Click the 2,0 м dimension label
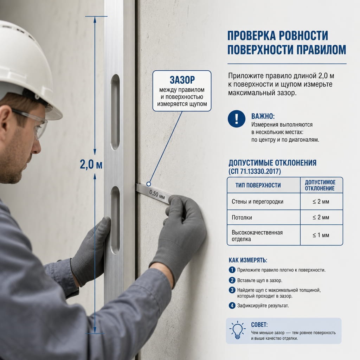click(91, 165)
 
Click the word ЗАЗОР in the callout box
click(182, 80)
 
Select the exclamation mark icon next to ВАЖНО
click(237, 119)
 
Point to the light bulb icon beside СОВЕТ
click(237, 330)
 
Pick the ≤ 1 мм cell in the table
click(321, 235)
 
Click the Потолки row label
click(242, 217)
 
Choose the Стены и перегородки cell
click(257, 201)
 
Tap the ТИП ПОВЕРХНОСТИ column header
click(258, 185)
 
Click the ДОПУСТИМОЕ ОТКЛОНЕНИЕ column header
click(320, 185)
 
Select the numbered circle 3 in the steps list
click(232, 290)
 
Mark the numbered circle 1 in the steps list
click(232, 270)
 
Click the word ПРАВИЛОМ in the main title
click(321, 50)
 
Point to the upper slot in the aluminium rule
click(115, 112)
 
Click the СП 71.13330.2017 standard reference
click(255, 171)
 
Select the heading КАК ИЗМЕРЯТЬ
click(248, 260)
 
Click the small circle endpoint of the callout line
click(149, 184)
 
